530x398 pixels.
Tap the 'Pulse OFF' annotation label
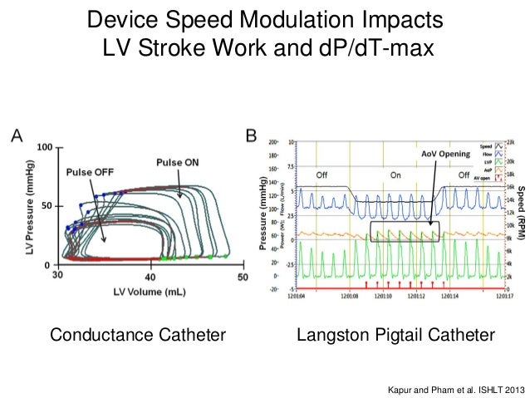tap(93, 172)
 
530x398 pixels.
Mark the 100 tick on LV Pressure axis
tap(44, 147)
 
